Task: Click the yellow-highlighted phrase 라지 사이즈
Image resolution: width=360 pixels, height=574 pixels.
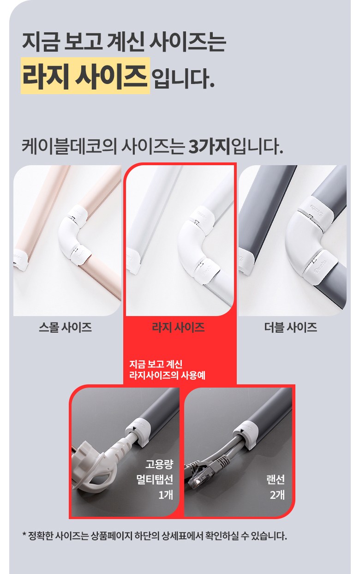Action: (85, 76)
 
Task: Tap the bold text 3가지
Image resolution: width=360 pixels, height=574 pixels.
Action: (210, 147)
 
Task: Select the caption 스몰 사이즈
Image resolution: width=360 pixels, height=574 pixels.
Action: (66, 327)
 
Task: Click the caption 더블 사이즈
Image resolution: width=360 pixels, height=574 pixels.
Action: (291, 327)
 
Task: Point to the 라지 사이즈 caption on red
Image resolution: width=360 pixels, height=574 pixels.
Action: (178, 327)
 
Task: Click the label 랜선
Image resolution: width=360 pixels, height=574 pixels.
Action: (276, 479)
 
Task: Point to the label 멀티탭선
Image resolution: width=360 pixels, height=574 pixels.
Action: (155, 479)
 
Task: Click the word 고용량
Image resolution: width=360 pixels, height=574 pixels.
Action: (159, 464)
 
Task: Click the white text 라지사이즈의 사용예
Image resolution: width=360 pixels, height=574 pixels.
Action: (167, 376)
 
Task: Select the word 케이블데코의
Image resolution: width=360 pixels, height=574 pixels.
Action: (69, 147)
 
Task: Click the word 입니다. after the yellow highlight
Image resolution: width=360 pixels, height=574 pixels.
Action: (183, 77)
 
